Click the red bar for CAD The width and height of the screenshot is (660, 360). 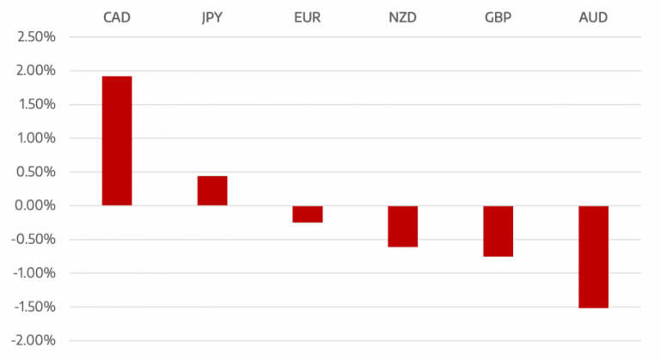click(117, 140)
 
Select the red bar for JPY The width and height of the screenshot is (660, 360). click(212, 190)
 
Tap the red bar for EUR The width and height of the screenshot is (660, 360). click(307, 214)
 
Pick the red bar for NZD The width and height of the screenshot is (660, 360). click(402, 226)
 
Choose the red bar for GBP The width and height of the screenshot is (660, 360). click(498, 231)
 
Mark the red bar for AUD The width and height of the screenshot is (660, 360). click(593, 256)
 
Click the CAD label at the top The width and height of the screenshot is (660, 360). click(117, 17)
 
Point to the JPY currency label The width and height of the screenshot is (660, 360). click(212, 17)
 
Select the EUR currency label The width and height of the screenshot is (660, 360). click(307, 17)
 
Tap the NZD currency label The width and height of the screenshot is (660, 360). click(402, 17)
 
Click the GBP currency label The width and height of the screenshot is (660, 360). click(498, 17)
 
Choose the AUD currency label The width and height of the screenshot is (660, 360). click(593, 17)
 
